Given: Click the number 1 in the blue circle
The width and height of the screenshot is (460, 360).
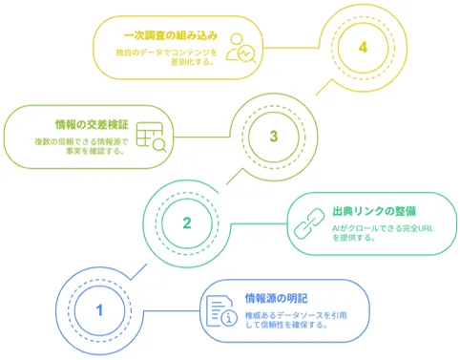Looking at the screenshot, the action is pyautogui.click(x=99, y=310).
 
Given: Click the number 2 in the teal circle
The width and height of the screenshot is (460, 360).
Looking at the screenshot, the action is pyautogui.click(x=187, y=223).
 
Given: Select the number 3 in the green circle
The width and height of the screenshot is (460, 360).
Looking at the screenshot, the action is pyautogui.click(x=274, y=137).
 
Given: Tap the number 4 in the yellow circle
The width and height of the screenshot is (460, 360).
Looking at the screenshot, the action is pyautogui.click(x=363, y=48).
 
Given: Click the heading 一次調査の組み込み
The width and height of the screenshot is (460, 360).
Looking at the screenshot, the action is pyautogui.click(x=171, y=35).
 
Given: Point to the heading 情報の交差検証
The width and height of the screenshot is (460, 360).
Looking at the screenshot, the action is pyautogui.click(x=92, y=124).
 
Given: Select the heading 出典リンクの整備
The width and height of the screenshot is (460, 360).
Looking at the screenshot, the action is pyautogui.click(x=374, y=211).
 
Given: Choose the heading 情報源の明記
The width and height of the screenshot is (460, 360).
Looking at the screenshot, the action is pyautogui.click(x=277, y=299).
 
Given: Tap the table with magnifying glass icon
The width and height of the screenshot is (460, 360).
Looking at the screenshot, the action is pyautogui.click(x=151, y=138).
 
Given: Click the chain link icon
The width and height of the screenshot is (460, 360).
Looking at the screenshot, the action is pyautogui.click(x=309, y=223).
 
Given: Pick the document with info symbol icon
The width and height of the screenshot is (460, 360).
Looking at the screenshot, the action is pyautogui.click(x=221, y=311).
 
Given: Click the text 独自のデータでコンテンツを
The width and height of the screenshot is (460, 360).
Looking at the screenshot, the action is pyautogui.click(x=166, y=53).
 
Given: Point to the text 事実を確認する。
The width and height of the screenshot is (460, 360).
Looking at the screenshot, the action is pyautogui.click(x=95, y=151).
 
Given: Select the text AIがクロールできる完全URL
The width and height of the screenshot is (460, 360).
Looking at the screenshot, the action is pyautogui.click(x=383, y=228).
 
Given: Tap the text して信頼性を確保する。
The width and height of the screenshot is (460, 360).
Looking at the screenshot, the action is pyautogui.click(x=286, y=325).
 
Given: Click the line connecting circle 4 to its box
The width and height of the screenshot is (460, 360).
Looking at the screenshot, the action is pyautogui.click(x=292, y=48).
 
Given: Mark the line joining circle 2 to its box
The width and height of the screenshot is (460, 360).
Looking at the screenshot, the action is pyautogui.click(x=260, y=223).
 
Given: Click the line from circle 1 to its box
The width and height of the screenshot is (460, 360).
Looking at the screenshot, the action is pyautogui.click(x=172, y=310).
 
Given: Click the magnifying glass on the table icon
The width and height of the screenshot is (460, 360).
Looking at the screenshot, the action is pyautogui.click(x=159, y=145).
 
